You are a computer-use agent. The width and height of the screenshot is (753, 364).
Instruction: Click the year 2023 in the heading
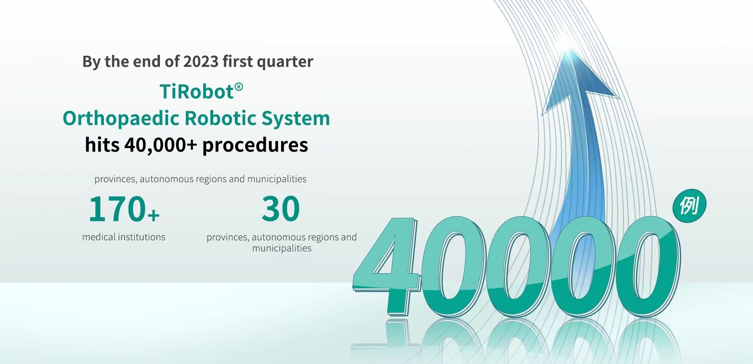(x=201, y=62)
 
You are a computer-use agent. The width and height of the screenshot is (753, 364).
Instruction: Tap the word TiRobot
(x=196, y=92)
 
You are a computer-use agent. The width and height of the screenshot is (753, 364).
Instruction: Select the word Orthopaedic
(x=121, y=118)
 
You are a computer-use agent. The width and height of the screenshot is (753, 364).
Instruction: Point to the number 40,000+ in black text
(x=161, y=145)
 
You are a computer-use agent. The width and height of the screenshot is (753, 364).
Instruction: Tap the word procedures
(x=255, y=145)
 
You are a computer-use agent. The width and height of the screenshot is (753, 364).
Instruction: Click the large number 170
(x=117, y=209)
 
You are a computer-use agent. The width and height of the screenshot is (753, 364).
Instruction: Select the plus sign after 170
(x=154, y=215)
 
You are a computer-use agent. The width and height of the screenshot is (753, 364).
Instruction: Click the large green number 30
(x=281, y=209)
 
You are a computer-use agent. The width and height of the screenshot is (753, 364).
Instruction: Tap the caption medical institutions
(x=124, y=237)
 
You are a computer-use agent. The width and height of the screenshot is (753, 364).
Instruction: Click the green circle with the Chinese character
(x=689, y=206)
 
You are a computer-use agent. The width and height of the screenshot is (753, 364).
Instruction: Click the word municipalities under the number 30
(x=282, y=248)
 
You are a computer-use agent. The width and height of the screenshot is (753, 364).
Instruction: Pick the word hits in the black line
(x=102, y=145)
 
